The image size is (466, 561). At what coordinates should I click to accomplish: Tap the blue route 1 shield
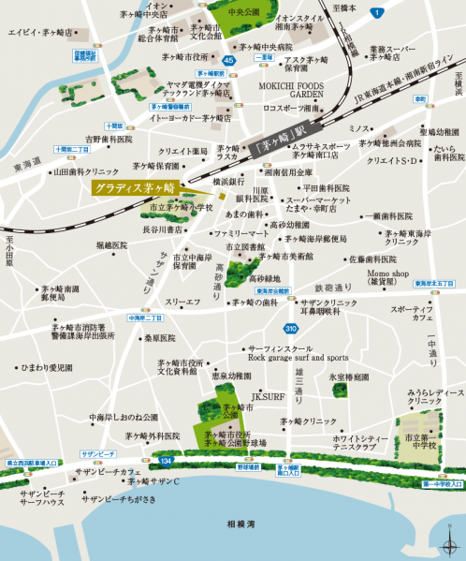tap(376, 12)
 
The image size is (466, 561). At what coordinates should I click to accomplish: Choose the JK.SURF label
tap(267, 397)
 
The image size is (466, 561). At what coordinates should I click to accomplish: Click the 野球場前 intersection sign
tap(248, 465)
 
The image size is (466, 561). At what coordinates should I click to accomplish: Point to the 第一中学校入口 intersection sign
tap(442, 484)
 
